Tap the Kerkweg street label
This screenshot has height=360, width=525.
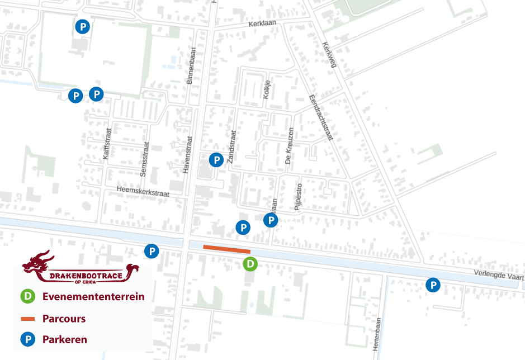click(x=330, y=55)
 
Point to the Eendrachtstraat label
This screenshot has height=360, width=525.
click(x=320, y=117)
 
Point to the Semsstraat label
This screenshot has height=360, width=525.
click(x=144, y=159)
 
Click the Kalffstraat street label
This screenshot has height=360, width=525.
click(x=108, y=145)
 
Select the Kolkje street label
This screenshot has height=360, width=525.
click(x=267, y=90)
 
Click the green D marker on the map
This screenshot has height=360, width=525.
click(x=250, y=263)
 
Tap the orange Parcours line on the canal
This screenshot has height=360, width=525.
click(x=226, y=249)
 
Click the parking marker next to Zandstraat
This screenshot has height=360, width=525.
click(x=216, y=160)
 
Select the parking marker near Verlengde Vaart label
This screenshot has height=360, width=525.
click(x=433, y=285)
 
